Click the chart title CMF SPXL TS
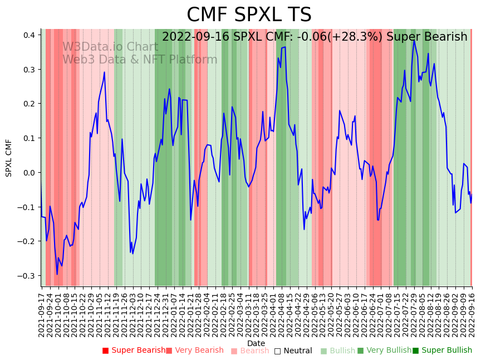click(249, 15)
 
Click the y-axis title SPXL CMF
click(9, 158)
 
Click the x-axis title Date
click(256, 343)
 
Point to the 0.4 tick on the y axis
click(30, 35)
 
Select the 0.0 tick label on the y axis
click(30, 173)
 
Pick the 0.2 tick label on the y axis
click(30, 104)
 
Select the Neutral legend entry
click(293, 351)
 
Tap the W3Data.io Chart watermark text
click(110, 47)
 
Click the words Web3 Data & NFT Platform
click(140, 60)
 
